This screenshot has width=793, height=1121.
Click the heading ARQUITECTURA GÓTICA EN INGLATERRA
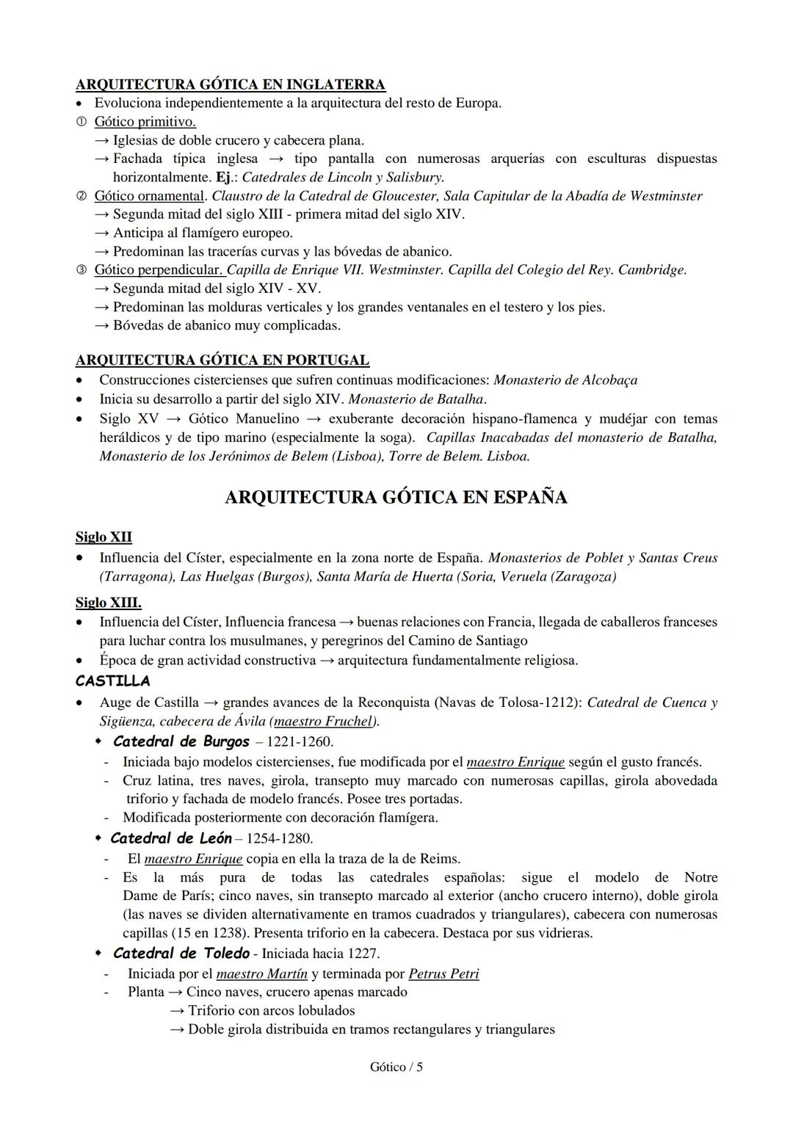pyautogui.click(x=230, y=84)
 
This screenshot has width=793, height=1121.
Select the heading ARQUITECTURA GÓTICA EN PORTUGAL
pyautogui.click(x=222, y=360)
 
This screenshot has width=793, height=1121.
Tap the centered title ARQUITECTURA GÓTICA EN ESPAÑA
pyautogui.click(x=396, y=498)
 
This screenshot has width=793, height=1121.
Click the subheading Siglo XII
pyautogui.click(x=104, y=537)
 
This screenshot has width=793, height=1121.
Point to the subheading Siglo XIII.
pyautogui.click(x=108, y=603)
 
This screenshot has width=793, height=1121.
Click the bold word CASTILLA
pyautogui.click(x=112, y=681)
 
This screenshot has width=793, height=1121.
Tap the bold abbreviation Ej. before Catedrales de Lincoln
pyautogui.click(x=224, y=177)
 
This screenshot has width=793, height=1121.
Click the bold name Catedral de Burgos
pyautogui.click(x=181, y=741)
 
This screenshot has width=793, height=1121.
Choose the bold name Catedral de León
pyautogui.click(x=171, y=838)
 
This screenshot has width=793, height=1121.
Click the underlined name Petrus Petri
pyautogui.click(x=443, y=974)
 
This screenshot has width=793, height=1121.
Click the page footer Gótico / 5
pyautogui.click(x=396, y=1067)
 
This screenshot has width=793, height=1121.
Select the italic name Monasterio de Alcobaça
pyautogui.click(x=565, y=380)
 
